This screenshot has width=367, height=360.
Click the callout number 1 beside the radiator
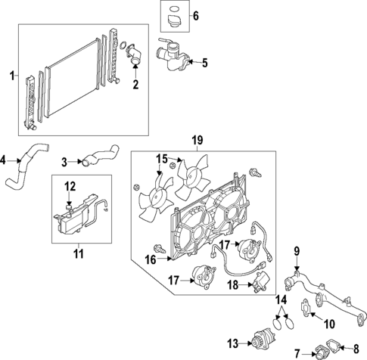pyautogui.click(x=11, y=75)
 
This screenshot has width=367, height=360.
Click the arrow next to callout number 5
pyautogui.click(x=192, y=63)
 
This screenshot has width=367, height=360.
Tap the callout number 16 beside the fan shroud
pyautogui.click(x=151, y=259)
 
